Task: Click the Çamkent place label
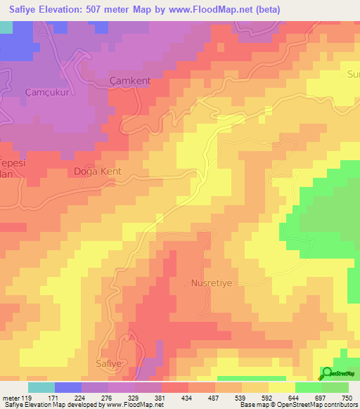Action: click(x=131, y=81)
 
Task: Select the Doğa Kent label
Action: click(x=98, y=171)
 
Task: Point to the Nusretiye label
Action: click(x=212, y=285)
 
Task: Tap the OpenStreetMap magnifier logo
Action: click(x=328, y=373)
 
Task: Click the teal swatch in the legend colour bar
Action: click(x=41, y=387)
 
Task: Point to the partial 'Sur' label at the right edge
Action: click(x=353, y=74)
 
